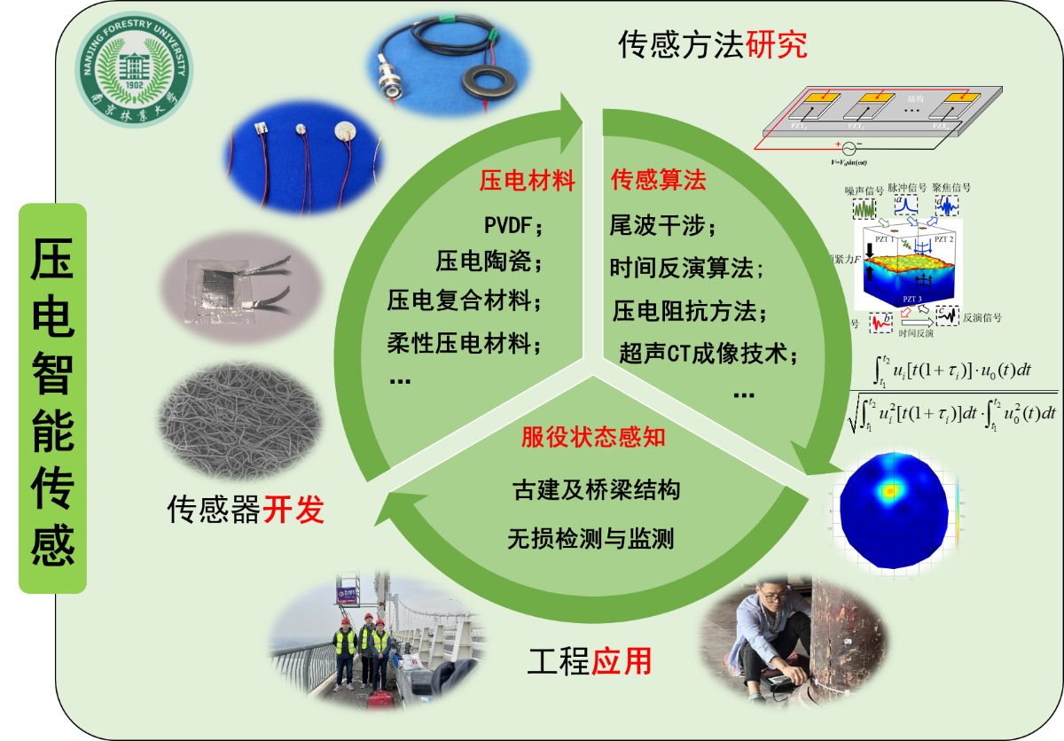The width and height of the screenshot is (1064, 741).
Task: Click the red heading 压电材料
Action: click(x=527, y=182)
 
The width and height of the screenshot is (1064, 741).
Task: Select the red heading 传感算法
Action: click(x=659, y=181)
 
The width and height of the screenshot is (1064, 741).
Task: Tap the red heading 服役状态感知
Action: click(x=593, y=437)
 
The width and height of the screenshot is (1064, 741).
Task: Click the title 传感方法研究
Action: click(x=713, y=44)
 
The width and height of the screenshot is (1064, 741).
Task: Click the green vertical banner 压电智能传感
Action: click(x=52, y=398)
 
